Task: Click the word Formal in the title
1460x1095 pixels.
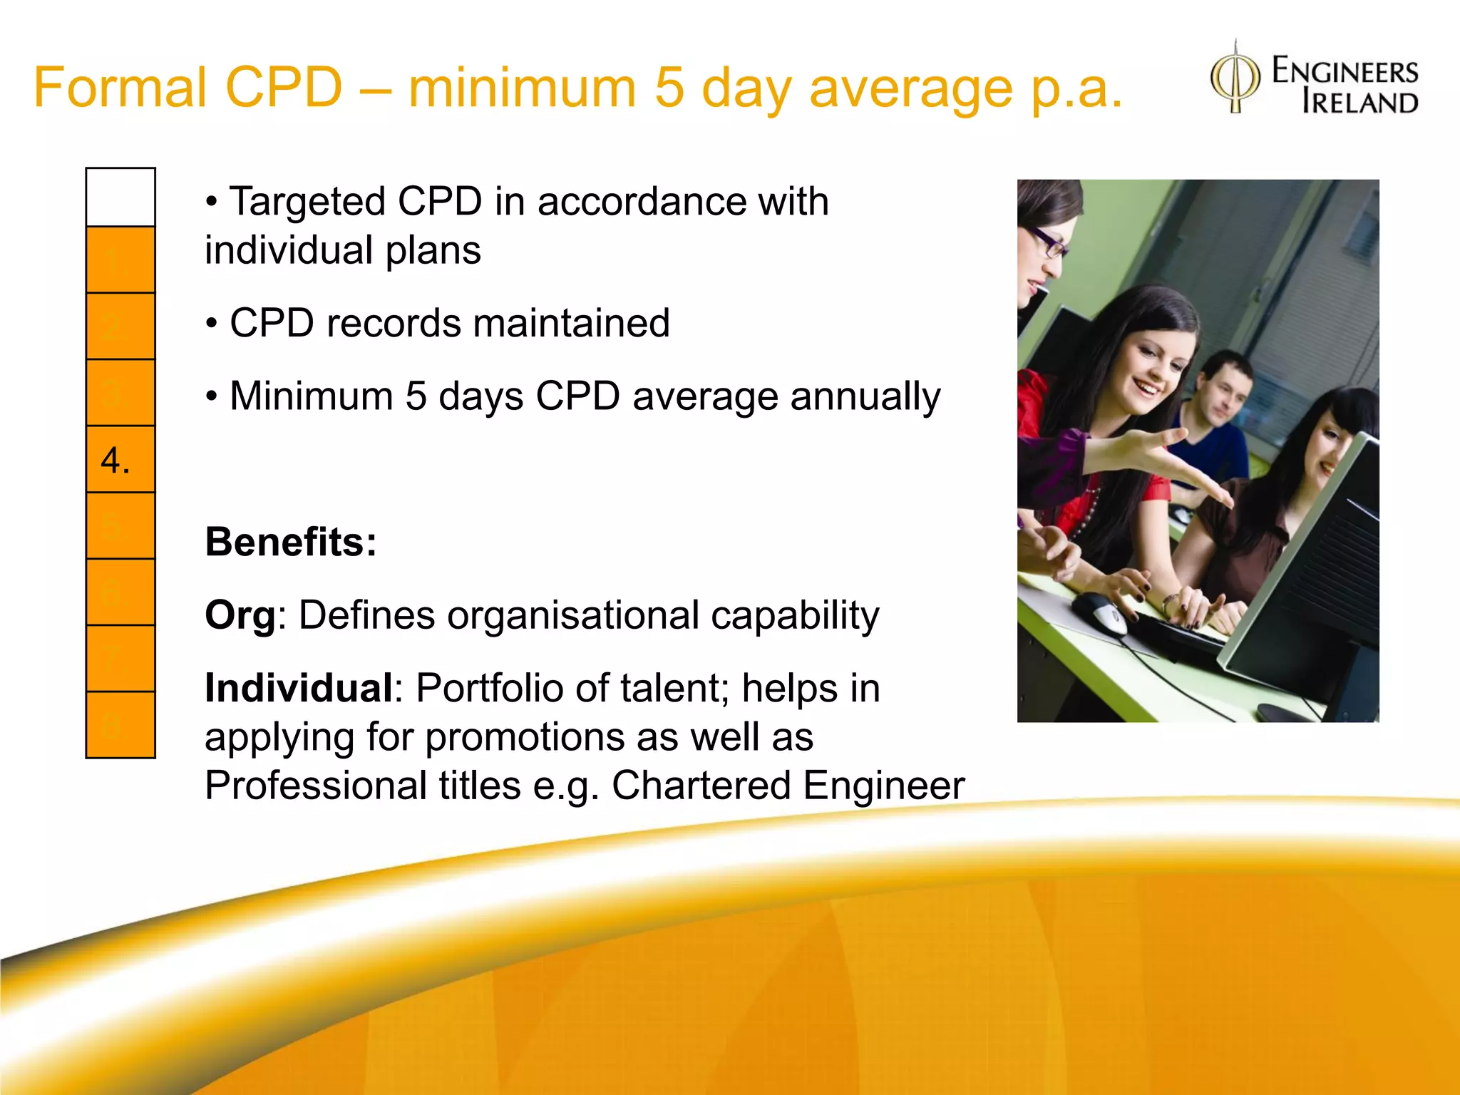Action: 119,88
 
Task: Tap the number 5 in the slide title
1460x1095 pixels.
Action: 669,88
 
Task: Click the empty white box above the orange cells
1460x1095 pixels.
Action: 120,197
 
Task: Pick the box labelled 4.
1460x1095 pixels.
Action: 120,459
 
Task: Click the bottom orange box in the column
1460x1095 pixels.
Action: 120,724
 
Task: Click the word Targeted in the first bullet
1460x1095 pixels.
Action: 307,202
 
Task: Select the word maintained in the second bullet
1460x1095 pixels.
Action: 571,324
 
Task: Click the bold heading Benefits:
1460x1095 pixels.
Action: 291,542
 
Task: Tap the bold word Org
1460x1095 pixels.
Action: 240,615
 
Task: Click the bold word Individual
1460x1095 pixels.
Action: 299,689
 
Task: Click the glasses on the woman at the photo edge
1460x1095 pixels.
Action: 1048,242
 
